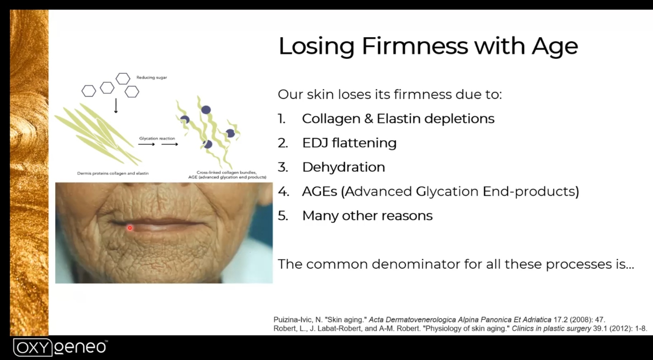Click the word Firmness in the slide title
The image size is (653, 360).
(x=414, y=46)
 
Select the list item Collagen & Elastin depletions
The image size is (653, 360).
(x=398, y=119)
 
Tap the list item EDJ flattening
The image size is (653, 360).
(x=349, y=143)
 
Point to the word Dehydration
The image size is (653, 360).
(x=344, y=167)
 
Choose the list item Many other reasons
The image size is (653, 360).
(x=367, y=215)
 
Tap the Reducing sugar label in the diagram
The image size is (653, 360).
(x=152, y=77)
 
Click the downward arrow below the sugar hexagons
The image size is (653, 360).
(x=116, y=106)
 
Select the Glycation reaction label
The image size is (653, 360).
(x=157, y=138)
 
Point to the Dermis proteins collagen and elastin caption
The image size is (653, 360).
(x=113, y=173)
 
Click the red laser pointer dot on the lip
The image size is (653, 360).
(x=130, y=228)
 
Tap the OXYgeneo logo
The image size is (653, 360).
(x=60, y=347)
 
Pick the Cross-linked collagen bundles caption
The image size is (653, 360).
(x=227, y=172)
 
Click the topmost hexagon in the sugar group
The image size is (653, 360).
(x=123, y=79)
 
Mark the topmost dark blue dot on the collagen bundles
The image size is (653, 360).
(x=206, y=110)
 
